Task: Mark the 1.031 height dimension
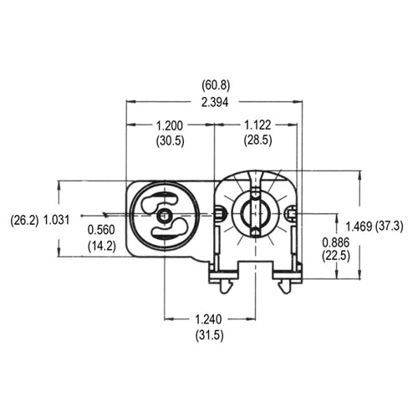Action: pyautogui.click(x=56, y=221)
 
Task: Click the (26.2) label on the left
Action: pyautogui.click(x=22, y=221)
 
